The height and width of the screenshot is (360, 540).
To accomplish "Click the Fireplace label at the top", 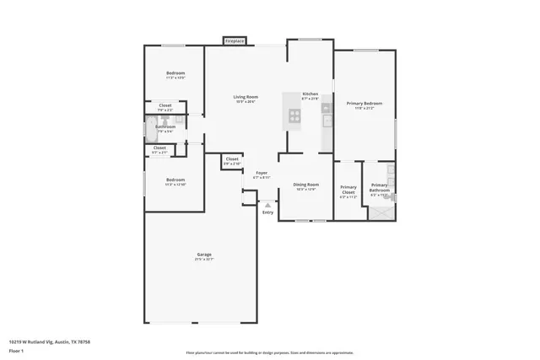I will pos(235,40).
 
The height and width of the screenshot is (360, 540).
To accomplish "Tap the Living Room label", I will pos(246,97).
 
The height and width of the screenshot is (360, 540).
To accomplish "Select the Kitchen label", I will pos(310,94).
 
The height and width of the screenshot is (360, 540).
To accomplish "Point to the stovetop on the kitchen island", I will pos(295,116).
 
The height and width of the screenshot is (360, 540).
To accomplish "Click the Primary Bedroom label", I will pos(364,104).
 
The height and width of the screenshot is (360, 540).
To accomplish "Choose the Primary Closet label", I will pos(348,190).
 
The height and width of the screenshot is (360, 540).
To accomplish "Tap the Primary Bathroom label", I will pos(380,188).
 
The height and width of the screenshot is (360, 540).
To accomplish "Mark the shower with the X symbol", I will pos(380,212).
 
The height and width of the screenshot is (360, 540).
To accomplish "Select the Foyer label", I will pos(262,173).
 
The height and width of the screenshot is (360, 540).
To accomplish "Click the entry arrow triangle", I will pos(268,204).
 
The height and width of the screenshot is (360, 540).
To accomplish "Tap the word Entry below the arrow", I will pos(268,212).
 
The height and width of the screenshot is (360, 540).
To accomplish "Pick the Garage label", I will pos(204,255).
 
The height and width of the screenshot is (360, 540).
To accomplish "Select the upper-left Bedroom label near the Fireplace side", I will pos(175,73).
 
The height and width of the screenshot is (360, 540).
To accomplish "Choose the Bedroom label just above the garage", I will pos(175,180).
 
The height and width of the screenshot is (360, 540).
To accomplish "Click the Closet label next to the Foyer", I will pos(232,159).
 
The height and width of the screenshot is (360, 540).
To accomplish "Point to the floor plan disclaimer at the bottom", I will pos(270,352).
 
